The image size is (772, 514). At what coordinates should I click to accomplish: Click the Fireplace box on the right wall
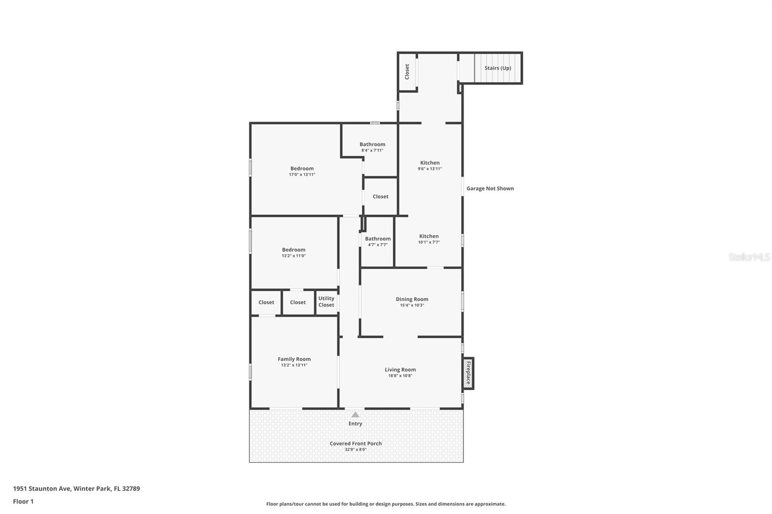point(468,373)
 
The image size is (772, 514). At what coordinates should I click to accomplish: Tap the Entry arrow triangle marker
point(355,415)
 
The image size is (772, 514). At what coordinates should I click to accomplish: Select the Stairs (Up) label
point(497,68)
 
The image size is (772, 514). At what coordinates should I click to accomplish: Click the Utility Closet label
point(326,302)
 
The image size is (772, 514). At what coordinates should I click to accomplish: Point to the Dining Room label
point(412,299)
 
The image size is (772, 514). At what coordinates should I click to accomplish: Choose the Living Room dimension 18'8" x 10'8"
point(400,376)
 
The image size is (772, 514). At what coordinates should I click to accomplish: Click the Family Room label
point(294,359)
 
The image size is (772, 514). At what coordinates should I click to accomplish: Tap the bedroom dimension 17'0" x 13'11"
point(302,175)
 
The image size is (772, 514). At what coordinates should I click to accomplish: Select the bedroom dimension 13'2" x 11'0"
point(293,256)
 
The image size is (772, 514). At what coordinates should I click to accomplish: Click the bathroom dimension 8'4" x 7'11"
point(372,150)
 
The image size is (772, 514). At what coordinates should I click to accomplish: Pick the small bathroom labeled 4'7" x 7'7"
point(377,241)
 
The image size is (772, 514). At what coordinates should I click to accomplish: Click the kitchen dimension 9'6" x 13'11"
point(429,169)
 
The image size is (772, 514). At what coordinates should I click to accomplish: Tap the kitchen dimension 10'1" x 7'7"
point(428,242)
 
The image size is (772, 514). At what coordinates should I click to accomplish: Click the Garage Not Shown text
point(490,189)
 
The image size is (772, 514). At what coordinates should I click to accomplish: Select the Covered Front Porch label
point(356,444)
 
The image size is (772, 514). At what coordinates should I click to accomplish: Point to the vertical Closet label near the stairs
point(407,71)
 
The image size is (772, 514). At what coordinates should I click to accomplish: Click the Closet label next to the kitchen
point(380,197)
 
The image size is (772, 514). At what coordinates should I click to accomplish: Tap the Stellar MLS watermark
point(749,257)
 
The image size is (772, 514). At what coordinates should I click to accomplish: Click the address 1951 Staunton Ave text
point(76,488)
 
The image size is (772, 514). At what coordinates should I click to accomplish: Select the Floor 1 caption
point(23,501)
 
